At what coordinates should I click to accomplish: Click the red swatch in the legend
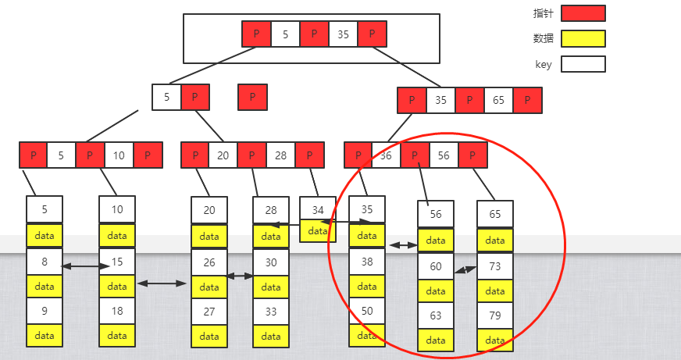coord(583,13)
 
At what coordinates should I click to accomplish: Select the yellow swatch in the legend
coord(583,38)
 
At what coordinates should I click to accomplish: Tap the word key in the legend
coord(544,65)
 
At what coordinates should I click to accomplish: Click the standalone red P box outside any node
coord(252,97)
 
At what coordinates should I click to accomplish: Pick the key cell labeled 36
coord(386,155)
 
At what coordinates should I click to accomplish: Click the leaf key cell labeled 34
coord(317,209)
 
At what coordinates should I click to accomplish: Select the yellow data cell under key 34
coord(317,231)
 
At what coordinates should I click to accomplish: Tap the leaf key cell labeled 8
coord(45,262)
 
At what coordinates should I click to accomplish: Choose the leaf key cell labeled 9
coord(45,310)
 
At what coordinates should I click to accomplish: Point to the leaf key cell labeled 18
coord(117,310)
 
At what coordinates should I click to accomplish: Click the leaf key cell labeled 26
coord(209,262)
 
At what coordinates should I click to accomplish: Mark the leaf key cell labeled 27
coord(209,310)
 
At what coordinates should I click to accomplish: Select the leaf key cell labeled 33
coord(271,310)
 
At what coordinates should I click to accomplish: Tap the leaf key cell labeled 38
coord(367,262)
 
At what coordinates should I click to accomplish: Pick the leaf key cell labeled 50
coord(367,310)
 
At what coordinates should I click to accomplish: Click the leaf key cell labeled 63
coord(436,315)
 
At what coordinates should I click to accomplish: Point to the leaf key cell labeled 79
coord(495,315)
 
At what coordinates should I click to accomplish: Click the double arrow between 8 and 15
coord(85,266)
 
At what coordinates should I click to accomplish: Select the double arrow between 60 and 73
coord(465,270)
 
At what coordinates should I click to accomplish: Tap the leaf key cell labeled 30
coord(271,262)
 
